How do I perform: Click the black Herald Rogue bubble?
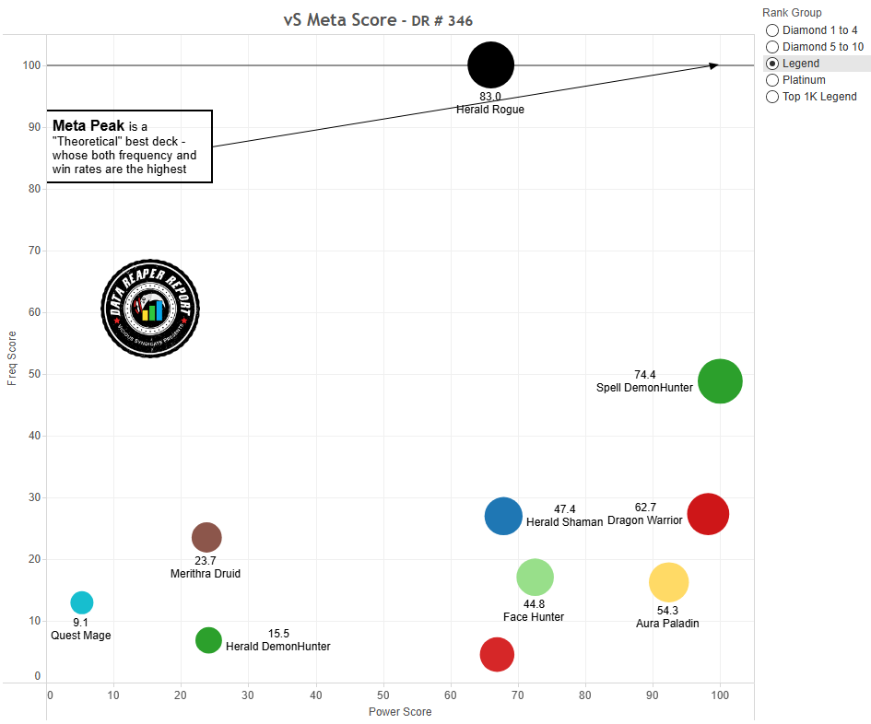pyautogui.click(x=490, y=64)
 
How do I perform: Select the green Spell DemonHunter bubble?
pyautogui.click(x=720, y=381)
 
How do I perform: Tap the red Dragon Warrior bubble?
pyautogui.click(x=708, y=514)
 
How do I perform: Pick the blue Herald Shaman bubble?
pyautogui.click(x=503, y=517)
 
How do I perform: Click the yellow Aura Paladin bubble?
pyautogui.click(x=669, y=581)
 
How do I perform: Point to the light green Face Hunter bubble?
pyautogui.click(x=535, y=578)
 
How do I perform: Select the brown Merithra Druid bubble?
pyautogui.click(x=206, y=537)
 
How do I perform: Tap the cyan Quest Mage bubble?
pyautogui.click(x=82, y=602)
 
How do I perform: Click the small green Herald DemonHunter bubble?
pyautogui.click(x=209, y=640)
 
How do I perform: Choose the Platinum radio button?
pyautogui.click(x=772, y=80)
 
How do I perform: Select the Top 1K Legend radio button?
pyautogui.click(x=772, y=97)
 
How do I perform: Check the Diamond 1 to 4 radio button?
pyautogui.click(x=772, y=30)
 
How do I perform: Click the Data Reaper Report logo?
pyautogui.click(x=150, y=308)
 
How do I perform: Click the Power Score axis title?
pyautogui.click(x=400, y=711)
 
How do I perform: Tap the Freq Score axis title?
pyautogui.click(x=12, y=358)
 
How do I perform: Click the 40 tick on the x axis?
pyautogui.click(x=316, y=695)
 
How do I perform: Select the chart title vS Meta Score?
pyautogui.click(x=339, y=20)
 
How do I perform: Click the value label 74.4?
pyautogui.click(x=645, y=375)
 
